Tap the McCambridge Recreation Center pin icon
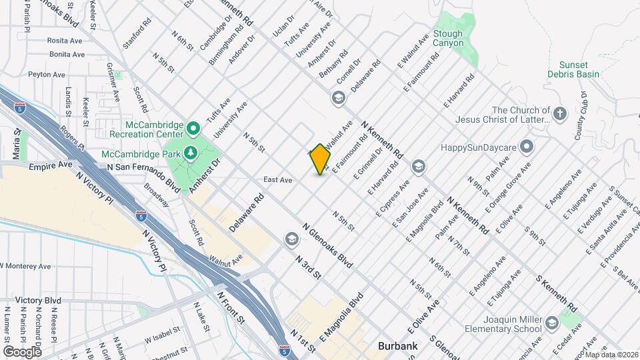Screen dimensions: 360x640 tap(193, 127)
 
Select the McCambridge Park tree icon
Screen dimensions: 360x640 tap(191, 153)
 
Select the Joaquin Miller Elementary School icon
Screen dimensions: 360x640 tap(551, 324)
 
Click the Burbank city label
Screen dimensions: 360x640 tap(397, 346)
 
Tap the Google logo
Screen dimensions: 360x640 tap(22, 351)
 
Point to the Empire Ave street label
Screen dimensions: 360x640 tap(51, 164)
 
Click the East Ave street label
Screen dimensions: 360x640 tap(278, 180)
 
